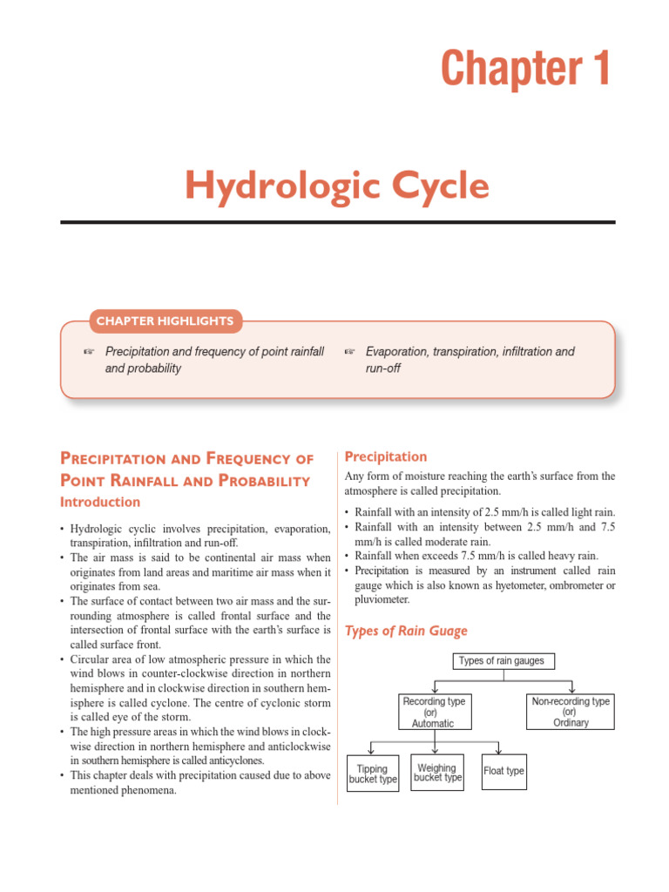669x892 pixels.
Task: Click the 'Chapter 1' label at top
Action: click(525, 70)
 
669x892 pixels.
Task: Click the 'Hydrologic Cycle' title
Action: click(337, 186)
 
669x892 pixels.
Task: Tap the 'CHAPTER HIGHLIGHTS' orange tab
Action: click(166, 321)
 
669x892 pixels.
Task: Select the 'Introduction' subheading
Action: click(99, 503)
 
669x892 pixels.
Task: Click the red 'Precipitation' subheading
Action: click(386, 456)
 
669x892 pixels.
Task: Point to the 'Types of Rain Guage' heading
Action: click(406, 632)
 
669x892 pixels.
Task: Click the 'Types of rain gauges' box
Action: click(503, 661)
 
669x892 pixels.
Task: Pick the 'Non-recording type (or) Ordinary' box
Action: click(571, 712)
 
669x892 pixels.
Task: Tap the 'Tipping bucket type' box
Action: click(373, 774)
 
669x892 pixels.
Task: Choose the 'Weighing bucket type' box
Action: click(437, 773)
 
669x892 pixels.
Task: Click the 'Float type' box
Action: click(504, 771)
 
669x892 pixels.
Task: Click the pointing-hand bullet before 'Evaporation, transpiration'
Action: click(350, 352)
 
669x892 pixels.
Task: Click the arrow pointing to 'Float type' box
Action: click(499, 748)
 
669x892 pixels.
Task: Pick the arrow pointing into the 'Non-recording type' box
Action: click(571, 688)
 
